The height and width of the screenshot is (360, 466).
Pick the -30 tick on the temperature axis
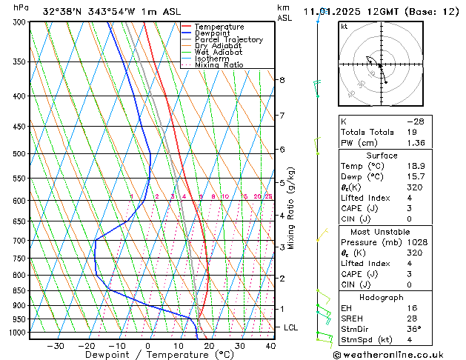[x=56, y=345]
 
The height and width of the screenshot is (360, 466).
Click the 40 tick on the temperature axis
[x=270, y=345]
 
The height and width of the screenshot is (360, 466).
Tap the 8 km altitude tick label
[x=282, y=79]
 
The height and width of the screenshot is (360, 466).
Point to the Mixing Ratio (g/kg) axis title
[x=292, y=208]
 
